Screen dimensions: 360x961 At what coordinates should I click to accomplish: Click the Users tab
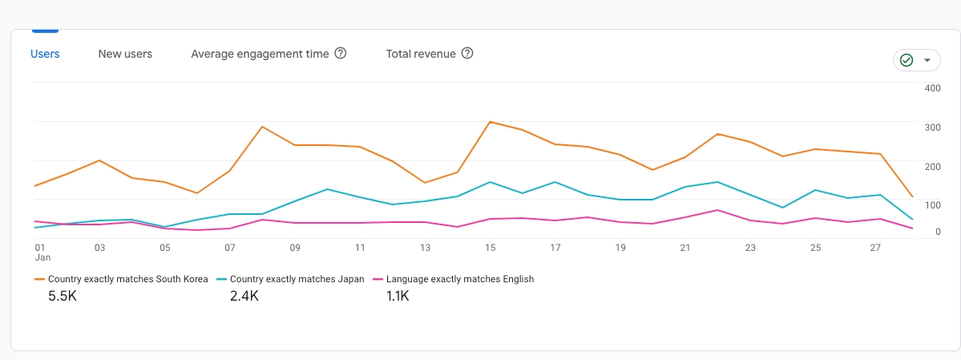pos(45,54)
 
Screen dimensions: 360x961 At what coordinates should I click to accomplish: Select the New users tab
pos(125,54)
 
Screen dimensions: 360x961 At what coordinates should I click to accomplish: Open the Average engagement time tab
pos(260,54)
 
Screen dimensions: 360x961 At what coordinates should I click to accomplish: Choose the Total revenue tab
pos(421,54)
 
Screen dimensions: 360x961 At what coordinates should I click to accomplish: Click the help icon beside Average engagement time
pos(341,54)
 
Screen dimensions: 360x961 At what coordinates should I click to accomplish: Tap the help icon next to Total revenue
pos(467,54)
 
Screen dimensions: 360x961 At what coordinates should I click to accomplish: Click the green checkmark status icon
pos(906,60)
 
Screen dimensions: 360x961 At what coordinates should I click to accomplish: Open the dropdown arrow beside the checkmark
pos(927,60)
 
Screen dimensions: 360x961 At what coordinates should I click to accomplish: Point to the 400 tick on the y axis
pos(932,87)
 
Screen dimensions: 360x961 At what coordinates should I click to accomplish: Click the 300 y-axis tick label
pos(932,127)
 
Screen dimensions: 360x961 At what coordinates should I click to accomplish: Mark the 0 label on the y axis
pos(937,232)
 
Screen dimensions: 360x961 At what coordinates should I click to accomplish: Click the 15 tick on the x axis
pos(490,248)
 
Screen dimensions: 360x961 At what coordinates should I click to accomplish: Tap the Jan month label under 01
pos(42,258)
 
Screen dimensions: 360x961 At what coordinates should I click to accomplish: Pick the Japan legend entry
pos(297,279)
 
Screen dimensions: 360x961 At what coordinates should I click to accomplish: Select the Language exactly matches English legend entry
pos(459,279)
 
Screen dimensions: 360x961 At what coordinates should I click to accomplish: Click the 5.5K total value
pos(63,296)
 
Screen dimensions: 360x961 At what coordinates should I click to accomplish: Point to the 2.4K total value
pos(244,296)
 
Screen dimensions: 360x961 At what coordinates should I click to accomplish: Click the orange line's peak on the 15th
pos(490,122)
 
